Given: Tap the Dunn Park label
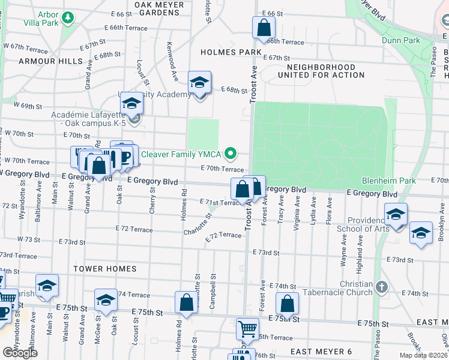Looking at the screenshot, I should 401,40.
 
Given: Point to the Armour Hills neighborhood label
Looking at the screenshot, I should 50,61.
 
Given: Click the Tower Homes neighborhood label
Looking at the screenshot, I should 104,269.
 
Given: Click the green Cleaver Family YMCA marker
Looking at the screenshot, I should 229,152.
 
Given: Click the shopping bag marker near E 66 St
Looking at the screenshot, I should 264,27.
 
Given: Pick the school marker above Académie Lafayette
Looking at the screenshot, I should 131,103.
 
